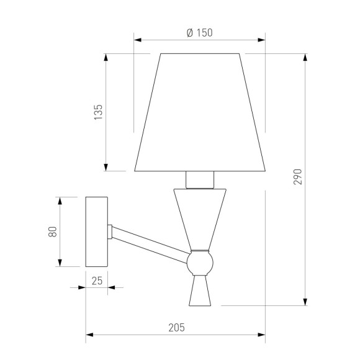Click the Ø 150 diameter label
point(199,34)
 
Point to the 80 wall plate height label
point(53,232)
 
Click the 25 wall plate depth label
point(96,281)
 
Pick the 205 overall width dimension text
point(176,328)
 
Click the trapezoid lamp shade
point(200,112)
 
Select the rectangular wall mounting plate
point(96,232)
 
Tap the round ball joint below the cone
point(200,263)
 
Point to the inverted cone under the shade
point(200,217)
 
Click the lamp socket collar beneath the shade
point(200,180)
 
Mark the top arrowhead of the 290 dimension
point(305,57)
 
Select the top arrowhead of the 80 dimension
point(60,201)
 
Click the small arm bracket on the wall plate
point(110,232)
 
